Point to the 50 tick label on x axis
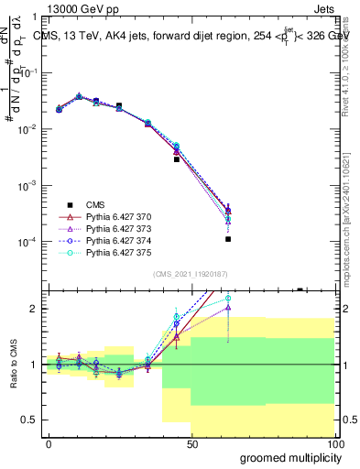point(191,443)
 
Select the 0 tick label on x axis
point(49,443)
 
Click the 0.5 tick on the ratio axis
point(32,420)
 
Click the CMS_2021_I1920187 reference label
point(190,274)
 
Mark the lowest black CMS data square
point(228,239)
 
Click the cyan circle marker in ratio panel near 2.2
point(228,298)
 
